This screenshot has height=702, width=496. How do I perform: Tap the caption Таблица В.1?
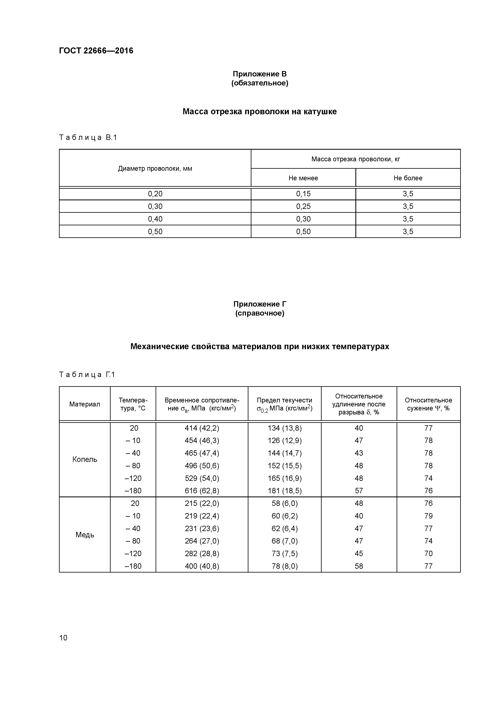click(88, 138)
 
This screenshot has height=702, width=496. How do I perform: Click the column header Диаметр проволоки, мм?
click(155, 168)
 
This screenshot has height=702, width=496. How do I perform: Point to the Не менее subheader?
click(303, 178)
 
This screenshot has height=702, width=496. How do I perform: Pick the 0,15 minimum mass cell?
click(303, 194)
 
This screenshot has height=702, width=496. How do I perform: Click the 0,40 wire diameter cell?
click(155, 219)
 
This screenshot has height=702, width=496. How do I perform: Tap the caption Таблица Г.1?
click(87, 375)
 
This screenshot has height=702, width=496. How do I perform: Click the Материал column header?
click(85, 404)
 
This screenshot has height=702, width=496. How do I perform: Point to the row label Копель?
click(85, 459)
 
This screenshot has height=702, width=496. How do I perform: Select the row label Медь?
click(85, 535)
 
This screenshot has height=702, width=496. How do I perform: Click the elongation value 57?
click(359, 491)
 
